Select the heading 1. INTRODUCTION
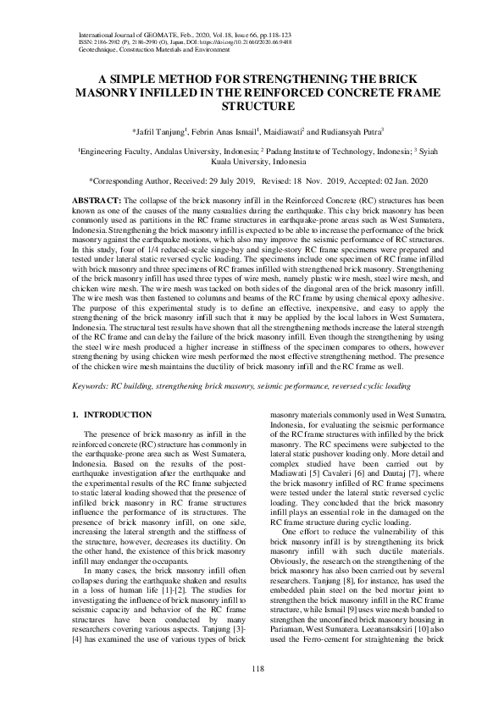[x=112, y=414]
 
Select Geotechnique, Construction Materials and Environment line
[x=153, y=49]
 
